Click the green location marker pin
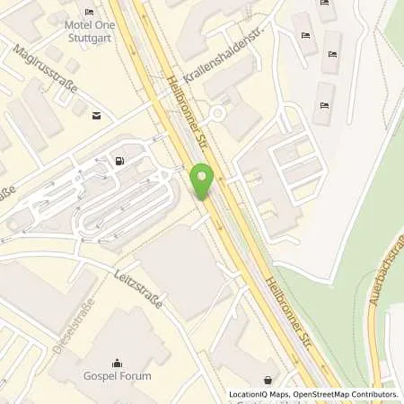202,181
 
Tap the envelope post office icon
93,114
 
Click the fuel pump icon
118,162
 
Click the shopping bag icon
268,380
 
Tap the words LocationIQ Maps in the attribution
259,394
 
